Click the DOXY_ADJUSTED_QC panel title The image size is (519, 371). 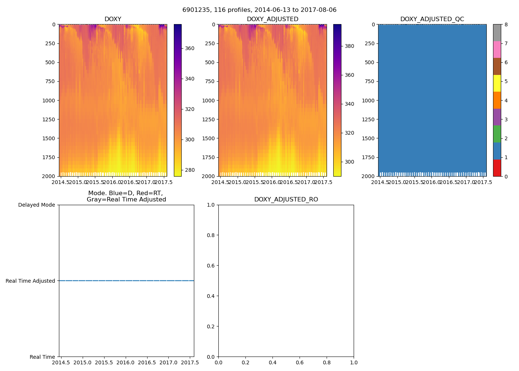[x=432, y=19]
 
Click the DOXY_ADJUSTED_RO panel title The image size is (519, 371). [x=286, y=200]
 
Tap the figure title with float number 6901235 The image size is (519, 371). [x=259, y=10]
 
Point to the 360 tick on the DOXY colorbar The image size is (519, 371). [x=189, y=48]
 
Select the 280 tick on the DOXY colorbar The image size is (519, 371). [x=189, y=170]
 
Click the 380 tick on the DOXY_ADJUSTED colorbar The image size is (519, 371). [x=349, y=46]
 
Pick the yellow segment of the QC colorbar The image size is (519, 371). [x=497, y=83]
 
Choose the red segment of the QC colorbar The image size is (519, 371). [x=497, y=168]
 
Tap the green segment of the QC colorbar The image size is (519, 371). [x=497, y=134]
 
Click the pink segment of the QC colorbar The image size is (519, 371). [x=497, y=49]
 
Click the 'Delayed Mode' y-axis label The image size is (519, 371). [x=36, y=205]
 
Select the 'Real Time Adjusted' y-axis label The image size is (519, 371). [x=30, y=281]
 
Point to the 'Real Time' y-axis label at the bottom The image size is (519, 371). [x=42, y=357]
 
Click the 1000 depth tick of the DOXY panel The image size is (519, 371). [x=49, y=101]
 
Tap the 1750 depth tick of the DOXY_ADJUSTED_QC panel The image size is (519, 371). [x=368, y=157]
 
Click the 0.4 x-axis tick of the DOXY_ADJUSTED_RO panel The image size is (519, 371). [x=272, y=362]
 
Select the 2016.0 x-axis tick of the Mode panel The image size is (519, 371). [x=126, y=362]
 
